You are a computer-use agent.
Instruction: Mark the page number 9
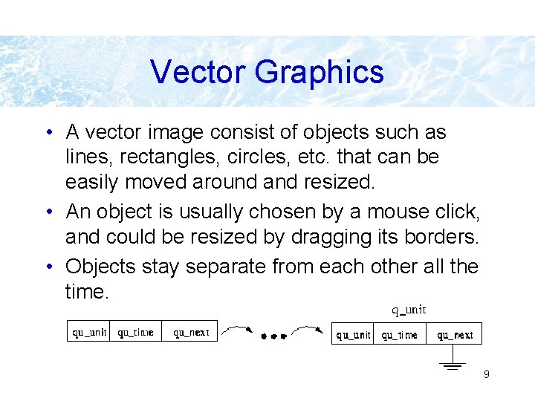(x=486, y=374)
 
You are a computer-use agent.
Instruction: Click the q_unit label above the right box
(x=409, y=310)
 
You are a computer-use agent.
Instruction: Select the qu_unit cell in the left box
(x=89, y=332)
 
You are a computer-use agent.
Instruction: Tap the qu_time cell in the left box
(x=136, y=332)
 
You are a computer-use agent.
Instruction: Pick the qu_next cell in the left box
(x=191, y=332)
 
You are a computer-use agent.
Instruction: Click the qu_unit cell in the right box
(x=353, y=335)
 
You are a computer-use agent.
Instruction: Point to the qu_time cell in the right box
(x=400, y=335)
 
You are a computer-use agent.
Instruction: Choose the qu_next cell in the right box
(x=455, y=335)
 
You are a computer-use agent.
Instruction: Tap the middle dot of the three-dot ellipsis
(x=273, y=336)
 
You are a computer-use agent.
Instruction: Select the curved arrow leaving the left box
(x=238, y=328)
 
